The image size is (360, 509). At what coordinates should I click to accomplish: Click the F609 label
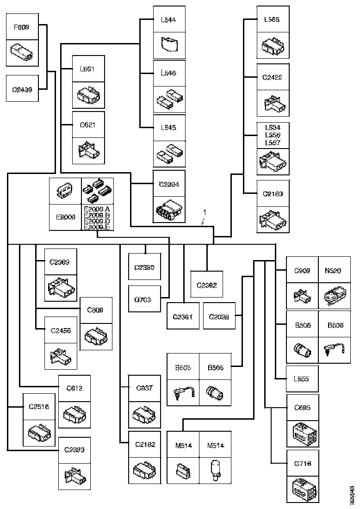click(x=21, y=27)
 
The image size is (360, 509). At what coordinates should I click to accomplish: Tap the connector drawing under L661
click(x=88, y=96)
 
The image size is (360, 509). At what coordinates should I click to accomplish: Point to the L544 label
click(x=168, y=20)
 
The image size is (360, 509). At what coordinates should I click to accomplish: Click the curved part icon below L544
click(x=169, y=44)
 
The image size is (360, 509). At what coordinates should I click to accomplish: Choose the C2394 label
click(x=169, y=184)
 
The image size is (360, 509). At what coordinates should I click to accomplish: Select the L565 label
click(x=273, y=20)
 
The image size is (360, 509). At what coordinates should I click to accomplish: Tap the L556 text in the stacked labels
click(x=273, y=135)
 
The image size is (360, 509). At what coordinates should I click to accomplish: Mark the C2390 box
click(x=144, y=267)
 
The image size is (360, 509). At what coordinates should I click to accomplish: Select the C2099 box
click(x=219, y=317)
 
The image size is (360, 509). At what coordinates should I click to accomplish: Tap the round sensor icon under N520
click(x=334, y=295)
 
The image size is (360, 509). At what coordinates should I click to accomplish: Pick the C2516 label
click(x=38, y=407)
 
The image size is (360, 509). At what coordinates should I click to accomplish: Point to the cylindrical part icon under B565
click(x=215, y=392)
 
